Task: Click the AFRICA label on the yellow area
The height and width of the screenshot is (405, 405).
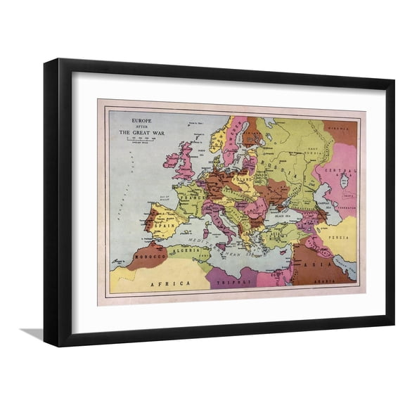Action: (x=176, y=282)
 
